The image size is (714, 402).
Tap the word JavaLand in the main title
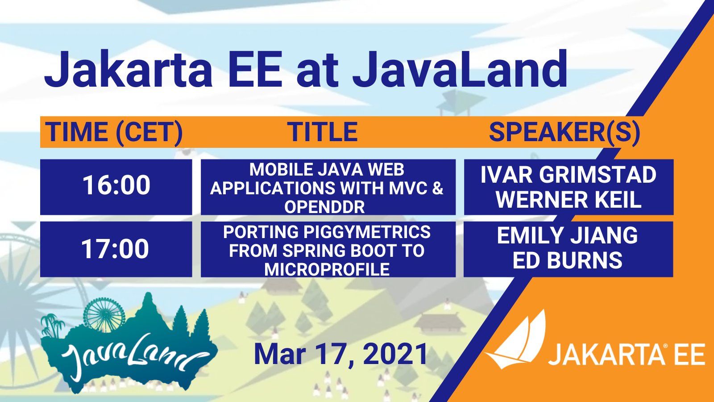pos(460,69)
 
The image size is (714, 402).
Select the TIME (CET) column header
pos(114,132)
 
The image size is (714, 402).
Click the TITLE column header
pos(322,132)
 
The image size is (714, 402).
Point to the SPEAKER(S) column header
pos(565,132)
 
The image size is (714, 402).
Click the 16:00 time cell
pos(116,185)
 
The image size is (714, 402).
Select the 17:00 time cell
pos(116,248)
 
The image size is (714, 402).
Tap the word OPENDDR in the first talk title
pos(324,207)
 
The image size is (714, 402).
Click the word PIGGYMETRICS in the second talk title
pos(367,232)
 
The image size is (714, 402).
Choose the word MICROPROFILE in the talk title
pos(327,270)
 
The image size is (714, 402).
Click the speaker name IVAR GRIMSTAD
pos(569,175)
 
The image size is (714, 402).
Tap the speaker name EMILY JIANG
pos(567,235)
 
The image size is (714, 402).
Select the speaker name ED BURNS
pos(567,260)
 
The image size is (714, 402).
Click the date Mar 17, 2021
pos(340,354)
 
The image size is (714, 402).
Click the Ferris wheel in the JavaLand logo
pos(104,315)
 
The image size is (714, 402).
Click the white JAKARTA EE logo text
pos(627,355)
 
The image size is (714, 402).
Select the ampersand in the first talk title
pos(438,188)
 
